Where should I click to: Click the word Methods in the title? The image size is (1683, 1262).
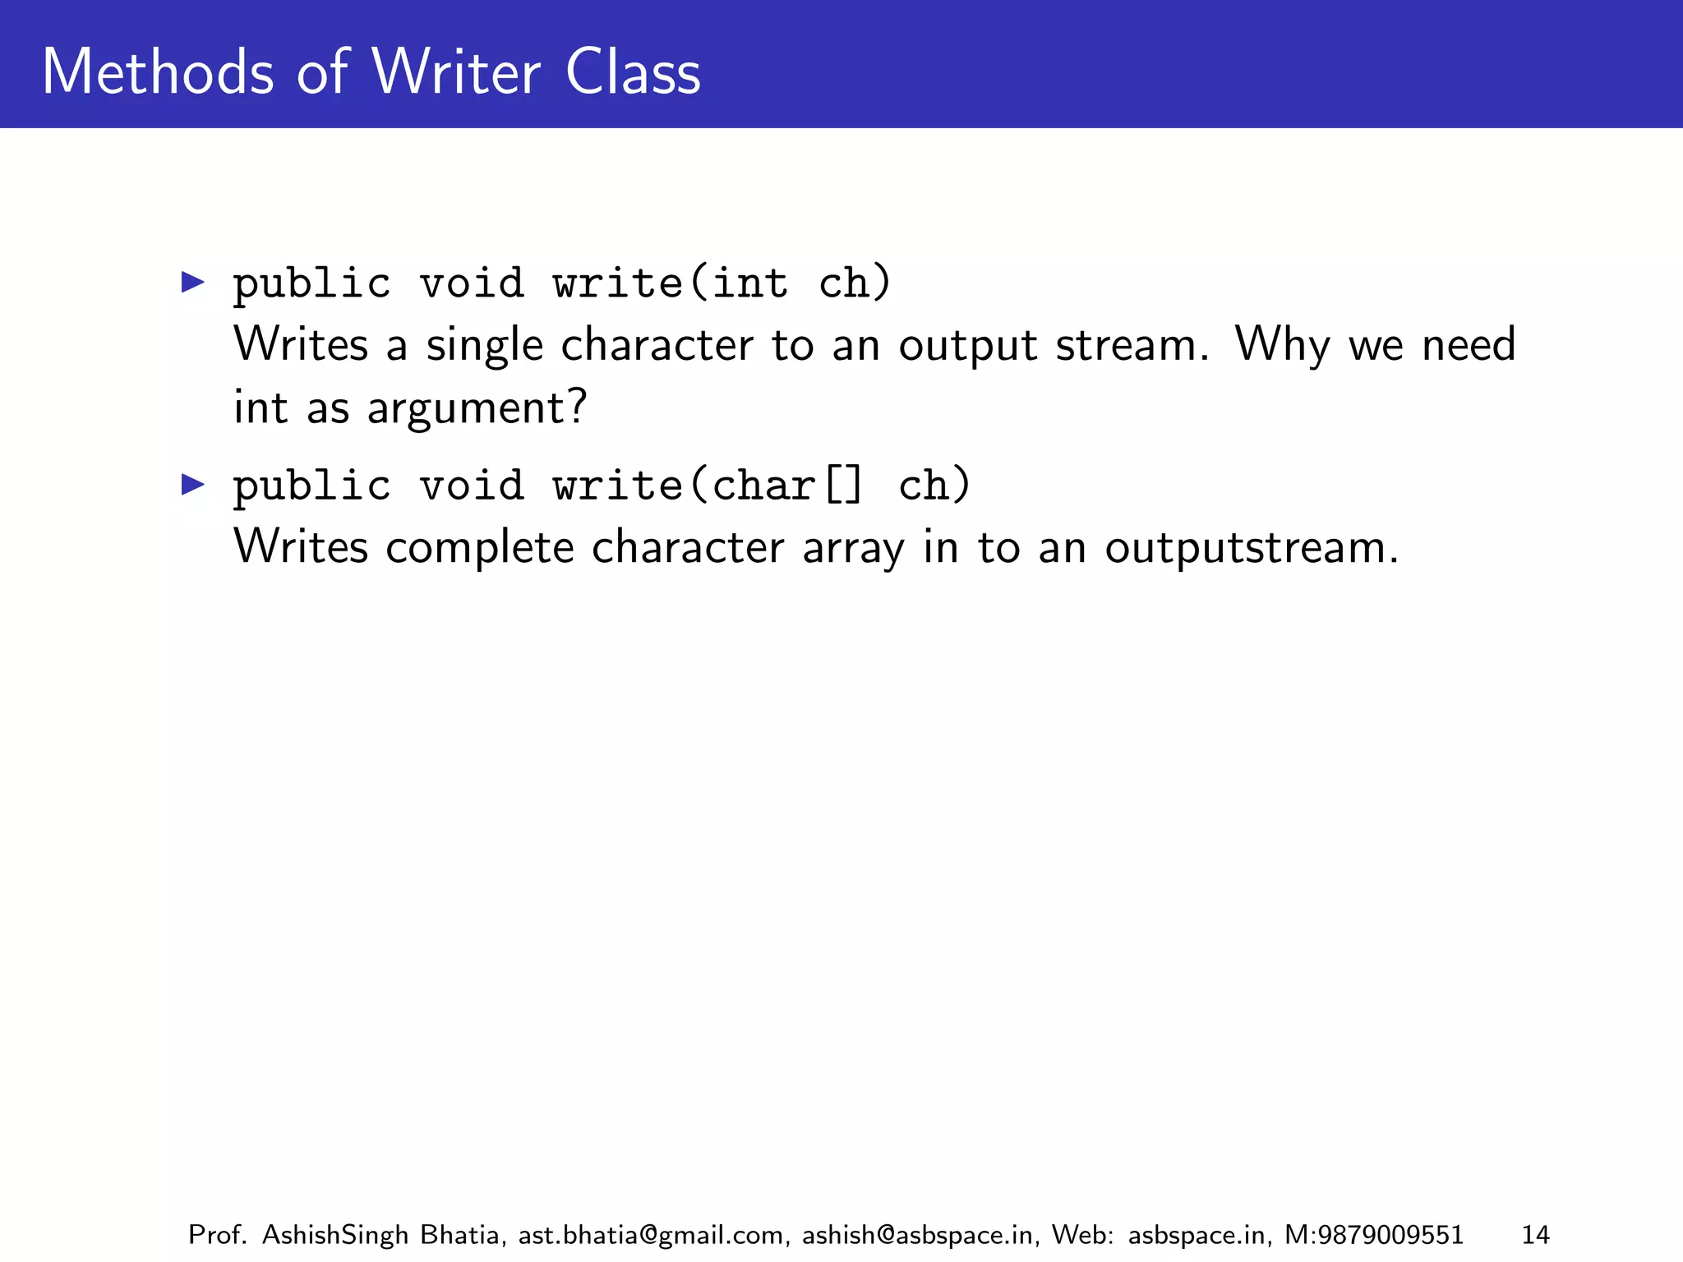coord(157,72)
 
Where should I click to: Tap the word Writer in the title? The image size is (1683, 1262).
coord(456,72)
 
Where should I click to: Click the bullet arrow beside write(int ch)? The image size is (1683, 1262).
coord(193,283)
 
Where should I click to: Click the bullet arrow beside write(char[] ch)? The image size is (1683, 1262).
coord(193,485)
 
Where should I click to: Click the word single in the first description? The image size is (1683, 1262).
coord(484,345)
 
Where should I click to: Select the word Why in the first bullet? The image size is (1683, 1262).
coord(1281,345)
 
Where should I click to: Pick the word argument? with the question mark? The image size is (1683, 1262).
coord(477,408)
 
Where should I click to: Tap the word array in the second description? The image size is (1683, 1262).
coord(853,548)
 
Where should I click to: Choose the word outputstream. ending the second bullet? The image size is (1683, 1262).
coord(1251,548)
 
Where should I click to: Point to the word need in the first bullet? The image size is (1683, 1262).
coord(1469,345)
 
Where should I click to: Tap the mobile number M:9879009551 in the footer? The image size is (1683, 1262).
coord(1373,1235)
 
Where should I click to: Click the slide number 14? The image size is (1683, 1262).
coord(1535,1235)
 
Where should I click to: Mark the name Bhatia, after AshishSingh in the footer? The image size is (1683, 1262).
coord(463,1235)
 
